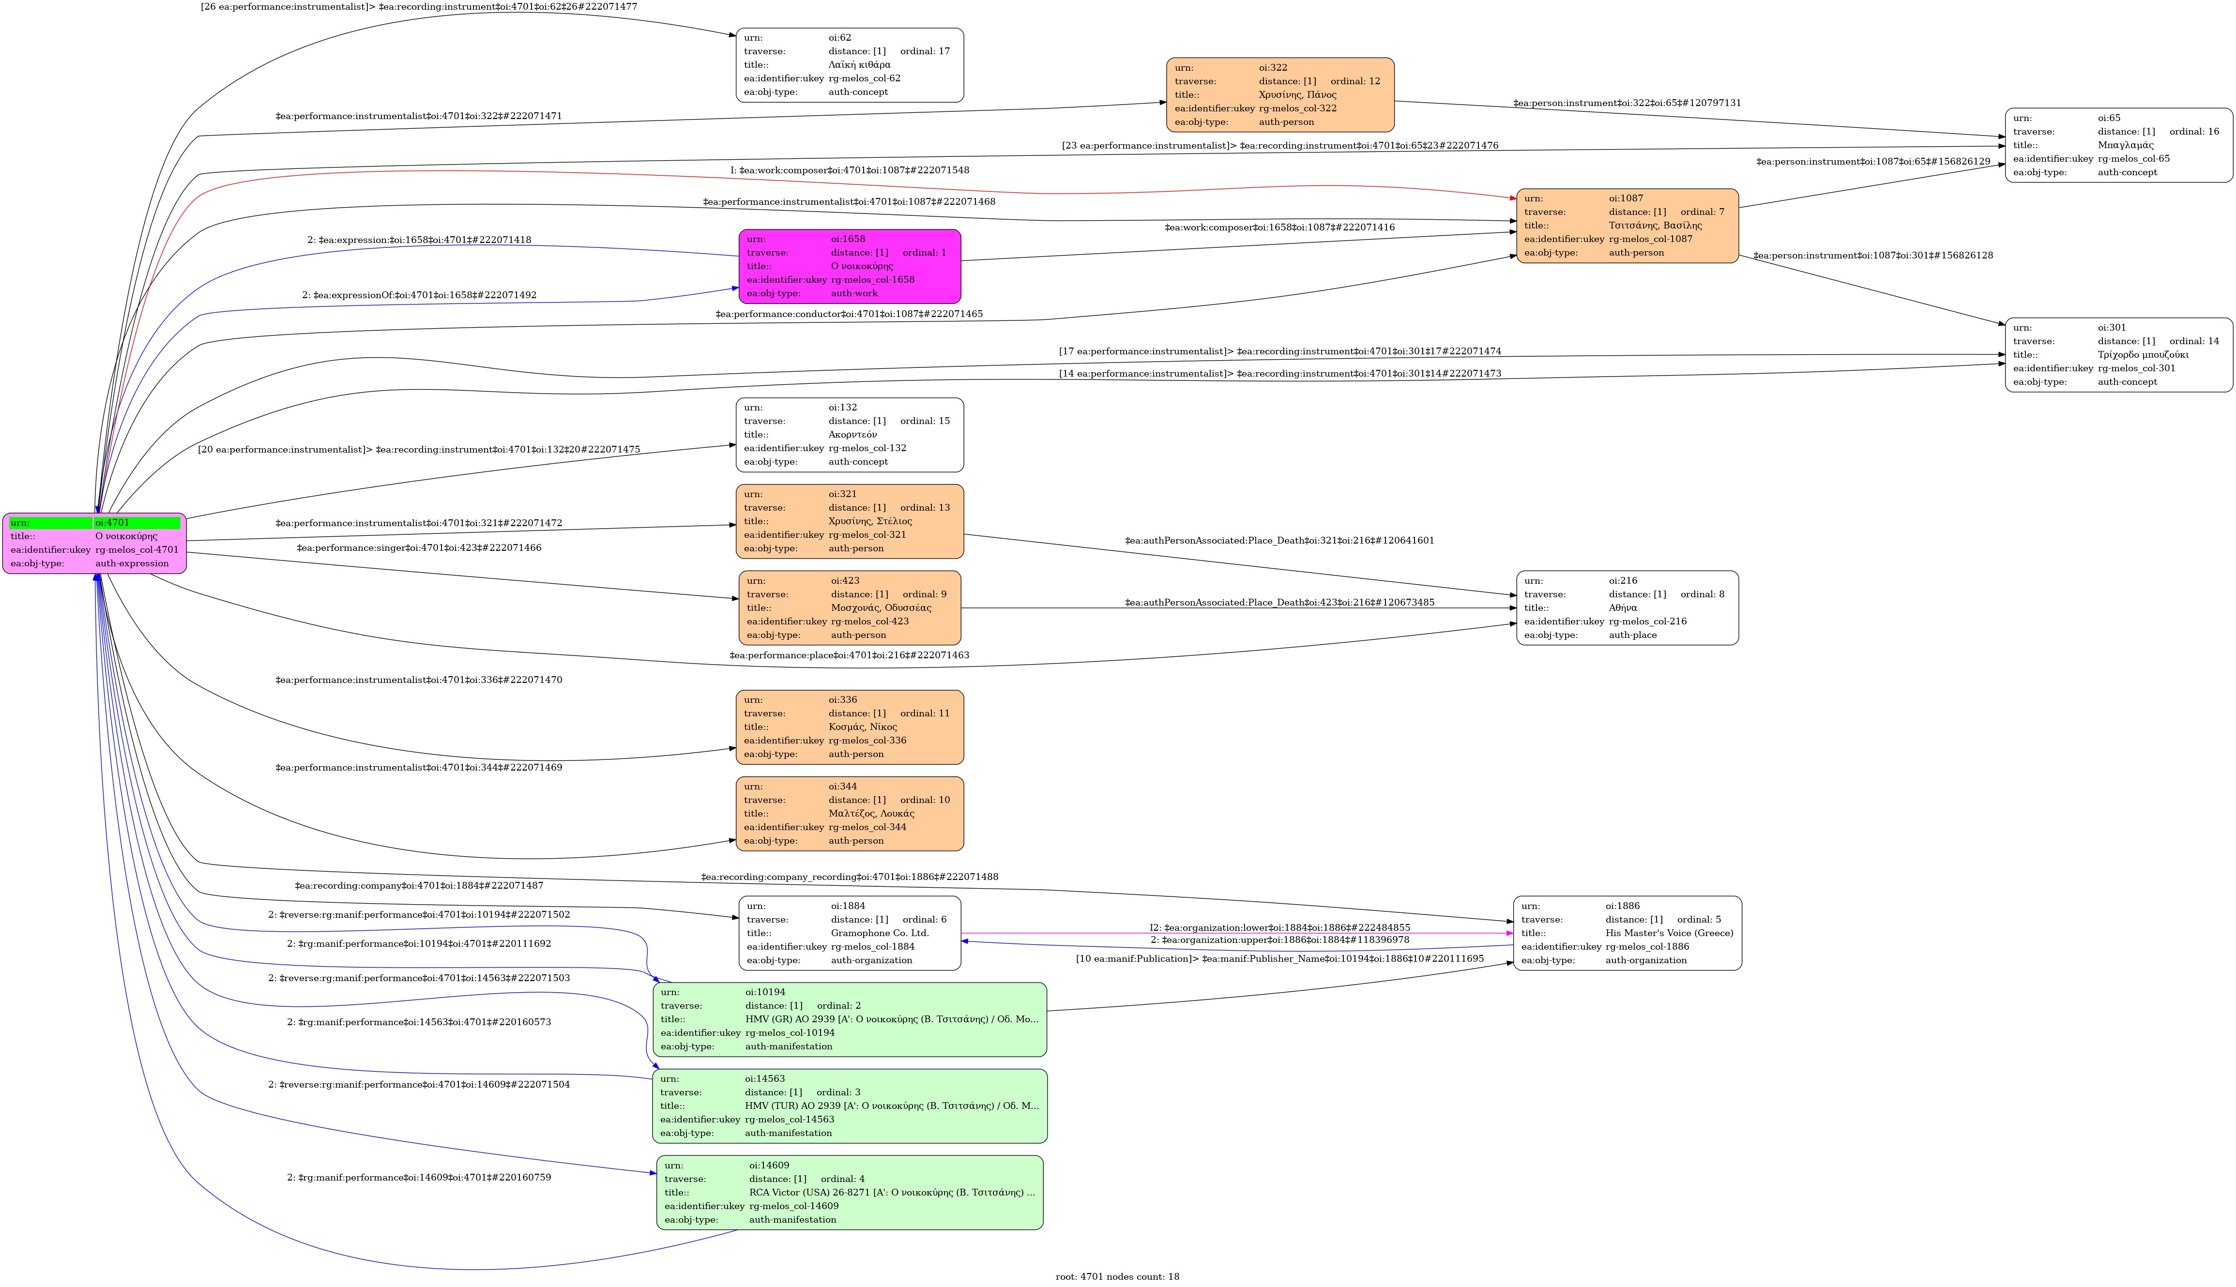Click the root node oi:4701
coord(94,543)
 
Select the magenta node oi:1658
coord(849,266)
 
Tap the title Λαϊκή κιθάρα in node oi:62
coord(859,64)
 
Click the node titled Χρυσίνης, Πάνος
coord(1280,94)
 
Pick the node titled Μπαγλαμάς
coord(2118,145)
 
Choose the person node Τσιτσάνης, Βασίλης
coord(1627,226)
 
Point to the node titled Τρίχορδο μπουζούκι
coord(2118,354)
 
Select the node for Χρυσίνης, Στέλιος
coord(849,521)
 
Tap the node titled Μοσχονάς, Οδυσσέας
coord(849,608)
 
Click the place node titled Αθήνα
coord(1627,608)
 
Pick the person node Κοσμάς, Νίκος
coord(849,727)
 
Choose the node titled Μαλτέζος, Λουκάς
coord(849,813)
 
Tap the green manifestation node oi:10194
coord(849,1019)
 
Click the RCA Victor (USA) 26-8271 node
coord(849,1193)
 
